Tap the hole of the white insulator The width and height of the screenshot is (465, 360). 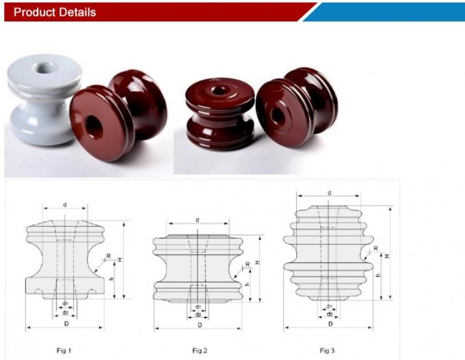pyautogui.click(x=48, y=70)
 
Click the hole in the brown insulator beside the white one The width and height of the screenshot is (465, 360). pyautogui.click(x=92, y=125)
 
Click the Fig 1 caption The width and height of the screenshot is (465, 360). pyautogui.click(x=63, y=350)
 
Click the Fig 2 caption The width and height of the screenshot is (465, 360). pyautogui.click(x=198, y=350)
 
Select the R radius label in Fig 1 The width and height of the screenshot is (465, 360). pyautogui.click(x=107, y=256)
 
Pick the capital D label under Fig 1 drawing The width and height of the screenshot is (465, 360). pyautogui.click(x=66, y=322)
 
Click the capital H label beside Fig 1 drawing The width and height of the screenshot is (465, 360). pyautogui.click(x=120, y=260)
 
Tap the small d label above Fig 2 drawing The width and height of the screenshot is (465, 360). pyautogui.click(x=197, y=220)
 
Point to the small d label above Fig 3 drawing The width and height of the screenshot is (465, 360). pyautogui.click(x=330, y=193)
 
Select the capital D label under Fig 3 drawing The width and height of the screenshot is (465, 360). pyautogui.click(x=330, y=322)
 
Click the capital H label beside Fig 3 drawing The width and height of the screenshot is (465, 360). pyautogui.click(x=388, y=255)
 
